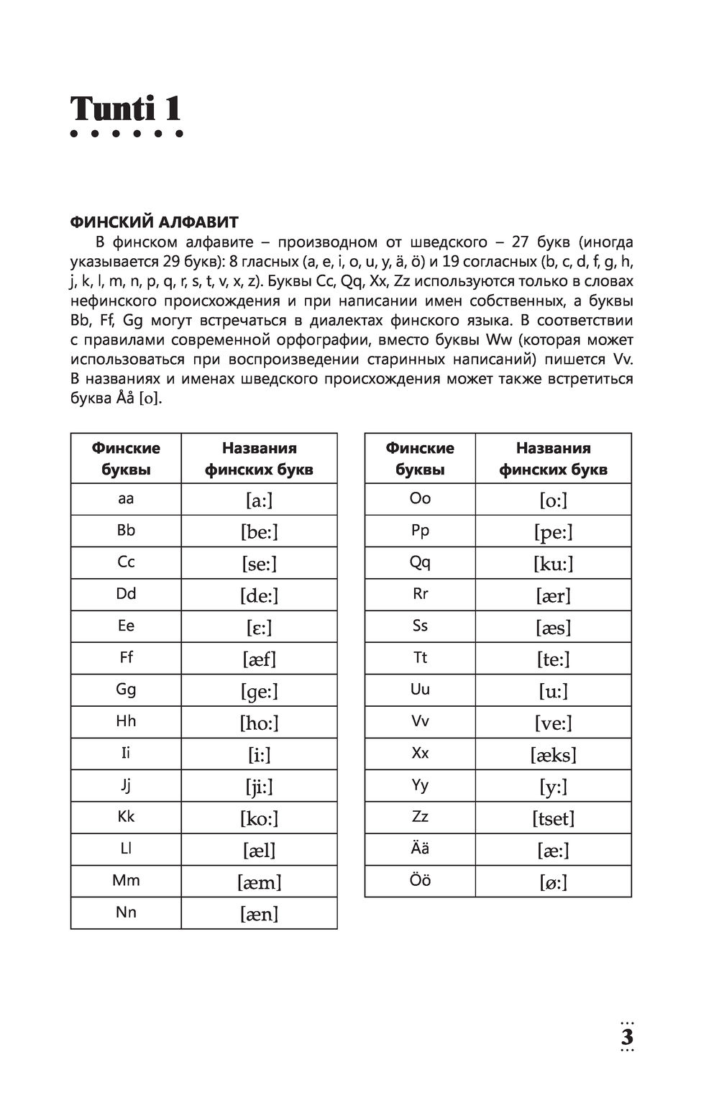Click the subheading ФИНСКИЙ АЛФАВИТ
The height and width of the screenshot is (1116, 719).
point(155,221)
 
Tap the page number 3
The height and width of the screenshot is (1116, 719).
point(626,1038)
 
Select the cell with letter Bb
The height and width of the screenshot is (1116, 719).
point(126,531)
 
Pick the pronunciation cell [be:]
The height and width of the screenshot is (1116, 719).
point(259,531)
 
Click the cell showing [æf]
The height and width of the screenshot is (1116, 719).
point(259,659)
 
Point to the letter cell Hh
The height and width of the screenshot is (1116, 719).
point(126,721)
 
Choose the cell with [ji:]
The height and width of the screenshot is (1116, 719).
point(259,787)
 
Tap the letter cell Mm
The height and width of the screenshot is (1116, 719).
point(126,881)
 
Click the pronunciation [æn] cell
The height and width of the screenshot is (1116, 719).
point(259,913)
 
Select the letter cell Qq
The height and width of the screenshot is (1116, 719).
point(420,562)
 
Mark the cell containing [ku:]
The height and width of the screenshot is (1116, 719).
point(553,563)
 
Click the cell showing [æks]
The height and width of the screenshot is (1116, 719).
point(553,754)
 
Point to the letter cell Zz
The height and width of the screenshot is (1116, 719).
point(420,817)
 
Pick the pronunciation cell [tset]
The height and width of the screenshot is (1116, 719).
point(553,818)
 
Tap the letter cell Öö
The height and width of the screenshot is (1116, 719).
point(420,880)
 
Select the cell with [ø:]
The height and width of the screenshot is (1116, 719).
point(553,882)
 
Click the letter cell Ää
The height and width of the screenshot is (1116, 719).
point(420,849)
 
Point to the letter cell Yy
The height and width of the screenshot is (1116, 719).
point(420,785)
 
